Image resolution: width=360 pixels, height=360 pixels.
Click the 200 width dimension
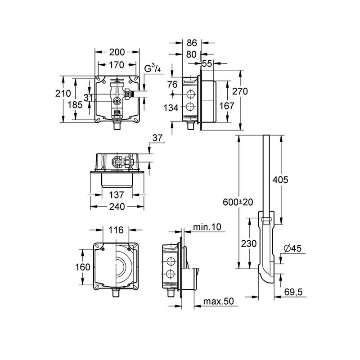click(x=117, y=52)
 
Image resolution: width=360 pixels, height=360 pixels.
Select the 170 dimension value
click(x=117, y=65)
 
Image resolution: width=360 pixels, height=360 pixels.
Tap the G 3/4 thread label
click(x=153, y=69)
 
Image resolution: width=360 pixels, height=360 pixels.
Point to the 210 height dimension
click(x=63, y=94)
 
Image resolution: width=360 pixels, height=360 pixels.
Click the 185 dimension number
click(x=75, y=105)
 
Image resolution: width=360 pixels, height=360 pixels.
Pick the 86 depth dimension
click(x=192, y=43)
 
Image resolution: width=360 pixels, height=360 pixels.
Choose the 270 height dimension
click(x=240, y=91)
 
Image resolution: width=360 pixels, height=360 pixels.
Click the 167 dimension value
click(x=227, y=106)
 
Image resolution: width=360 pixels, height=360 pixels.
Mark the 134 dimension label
click(x=171, y=108)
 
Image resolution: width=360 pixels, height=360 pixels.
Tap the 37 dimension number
click(x=157, y=138)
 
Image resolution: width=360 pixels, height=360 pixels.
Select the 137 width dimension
click(x=117, y=195)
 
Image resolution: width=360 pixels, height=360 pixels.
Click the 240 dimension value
click(x=117, y=207)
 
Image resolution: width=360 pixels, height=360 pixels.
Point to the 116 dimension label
click(x=116, y=230)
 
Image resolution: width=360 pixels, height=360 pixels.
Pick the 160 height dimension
click(x=83, y=267)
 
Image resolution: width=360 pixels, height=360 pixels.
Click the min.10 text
click(x=207, y=227)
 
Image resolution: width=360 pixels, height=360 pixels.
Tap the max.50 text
click(x=218, y=301)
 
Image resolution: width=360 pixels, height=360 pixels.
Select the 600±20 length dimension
click(x=238, y=202)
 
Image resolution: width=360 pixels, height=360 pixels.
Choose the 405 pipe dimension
click(x=280, y=180)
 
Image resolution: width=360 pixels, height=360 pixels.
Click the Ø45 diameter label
click(x=292, y=248)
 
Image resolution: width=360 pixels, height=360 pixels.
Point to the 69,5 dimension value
click(x=293, y=292)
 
